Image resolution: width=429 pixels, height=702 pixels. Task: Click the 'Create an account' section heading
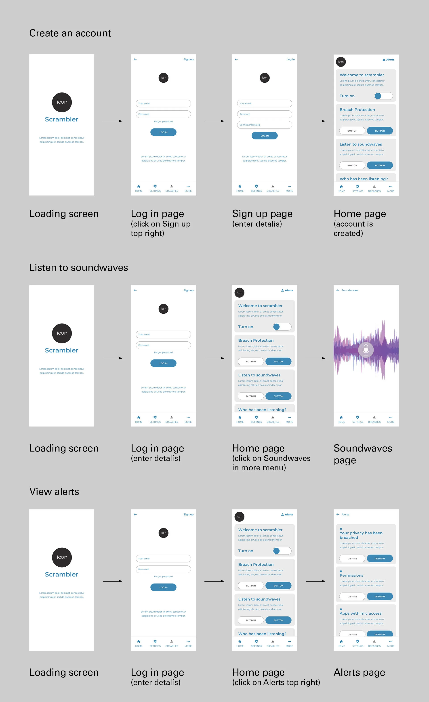(70, 33)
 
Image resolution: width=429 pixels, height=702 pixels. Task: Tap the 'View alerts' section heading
(54, 492)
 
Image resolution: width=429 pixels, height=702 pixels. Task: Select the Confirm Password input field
(264, 125)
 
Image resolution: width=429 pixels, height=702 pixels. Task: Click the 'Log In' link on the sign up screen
(290, 59)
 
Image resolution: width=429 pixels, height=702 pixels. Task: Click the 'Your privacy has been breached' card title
(361, 535)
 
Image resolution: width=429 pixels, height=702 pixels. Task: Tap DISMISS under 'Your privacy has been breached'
(352, 558)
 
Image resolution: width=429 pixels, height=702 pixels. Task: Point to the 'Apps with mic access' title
(360, 613)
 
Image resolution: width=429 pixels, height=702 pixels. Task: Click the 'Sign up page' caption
(262, 214)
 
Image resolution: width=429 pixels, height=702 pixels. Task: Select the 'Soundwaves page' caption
(363, 454)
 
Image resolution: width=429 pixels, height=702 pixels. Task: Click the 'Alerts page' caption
(359, 672)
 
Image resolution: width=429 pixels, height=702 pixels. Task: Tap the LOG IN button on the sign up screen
(264, 136)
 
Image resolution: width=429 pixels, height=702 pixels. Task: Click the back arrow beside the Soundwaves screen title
(338, 290)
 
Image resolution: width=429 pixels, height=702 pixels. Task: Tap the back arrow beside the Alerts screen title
(338, 514)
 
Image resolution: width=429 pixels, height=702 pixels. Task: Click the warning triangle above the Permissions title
(341, 571)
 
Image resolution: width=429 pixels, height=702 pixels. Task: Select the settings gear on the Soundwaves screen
(357, 417)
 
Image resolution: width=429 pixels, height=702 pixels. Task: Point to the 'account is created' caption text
(353, 229)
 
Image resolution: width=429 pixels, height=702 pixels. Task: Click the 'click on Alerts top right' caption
(276, 682)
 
